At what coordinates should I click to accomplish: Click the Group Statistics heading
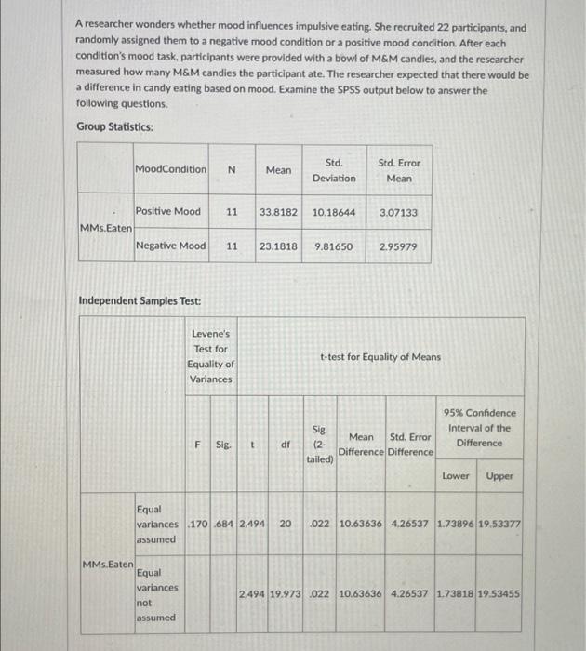point(115,126)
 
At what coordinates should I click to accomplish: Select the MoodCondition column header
point(171,169)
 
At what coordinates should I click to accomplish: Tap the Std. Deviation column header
point(334,169)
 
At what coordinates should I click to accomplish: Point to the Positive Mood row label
point(167,211)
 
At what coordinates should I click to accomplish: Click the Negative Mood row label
point(171,246)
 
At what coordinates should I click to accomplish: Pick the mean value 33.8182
point(279,212)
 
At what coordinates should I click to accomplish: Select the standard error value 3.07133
point(399,212)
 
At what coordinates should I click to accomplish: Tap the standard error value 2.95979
point(399,246)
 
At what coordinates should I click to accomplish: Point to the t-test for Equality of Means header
point(380,355)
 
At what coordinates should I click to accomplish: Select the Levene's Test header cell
point(211,355)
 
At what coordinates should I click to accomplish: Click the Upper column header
point(499,476)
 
